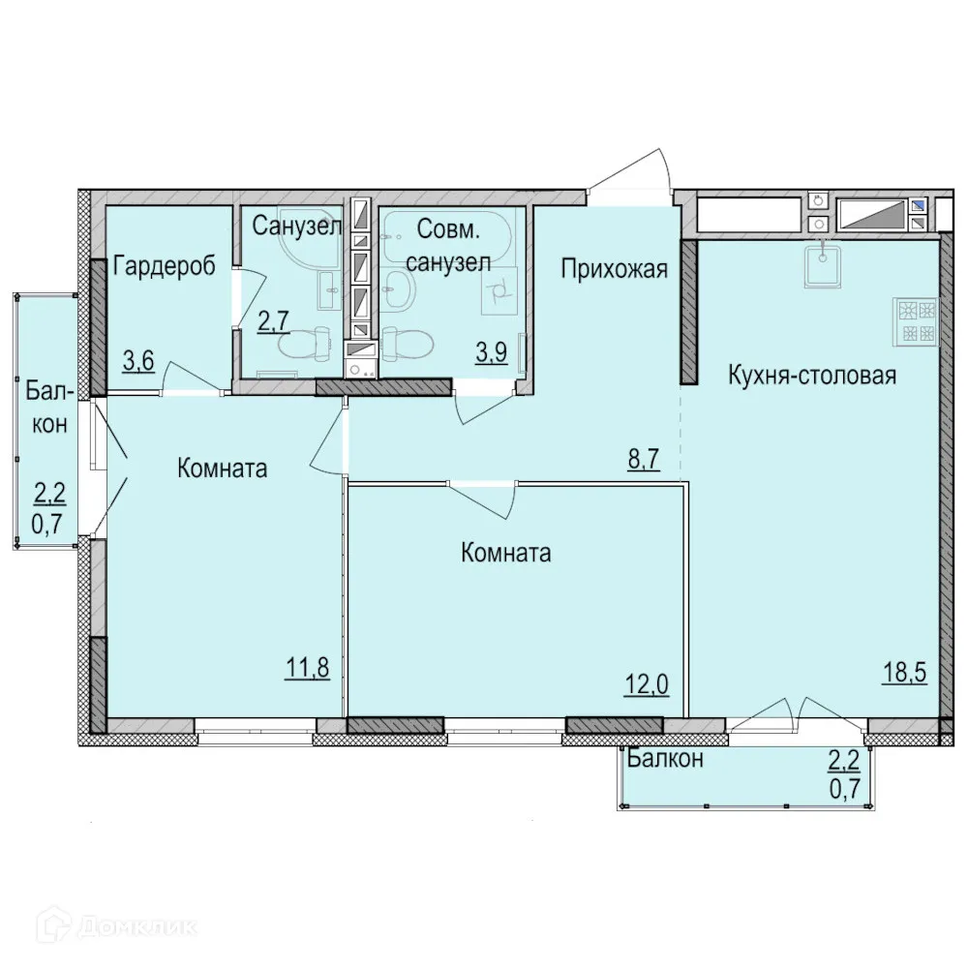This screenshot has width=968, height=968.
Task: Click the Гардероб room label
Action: coord(165,266)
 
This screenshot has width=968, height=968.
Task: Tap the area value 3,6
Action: coord(138,361)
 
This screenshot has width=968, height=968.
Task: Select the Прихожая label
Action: coord(615,269)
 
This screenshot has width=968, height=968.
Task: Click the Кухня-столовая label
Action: coord(812,375)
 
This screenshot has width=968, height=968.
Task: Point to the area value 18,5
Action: coord(904,673)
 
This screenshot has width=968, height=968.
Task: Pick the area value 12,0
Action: coord(647,684)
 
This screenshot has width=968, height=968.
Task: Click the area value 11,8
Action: coord(308,668)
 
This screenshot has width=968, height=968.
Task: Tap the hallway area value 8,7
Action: coord(644,459)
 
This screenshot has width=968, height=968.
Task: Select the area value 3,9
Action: coord(492,352)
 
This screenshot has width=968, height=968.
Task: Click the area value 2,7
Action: coord(273,322)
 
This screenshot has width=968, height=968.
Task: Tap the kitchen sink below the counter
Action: coord(822,264)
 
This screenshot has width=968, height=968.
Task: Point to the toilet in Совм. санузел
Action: coord(407,345)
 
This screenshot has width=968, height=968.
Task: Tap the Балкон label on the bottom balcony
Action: coord(665,758)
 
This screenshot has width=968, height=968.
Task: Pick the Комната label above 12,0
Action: coord(505,553)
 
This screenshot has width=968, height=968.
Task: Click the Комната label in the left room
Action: coord(223,469)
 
